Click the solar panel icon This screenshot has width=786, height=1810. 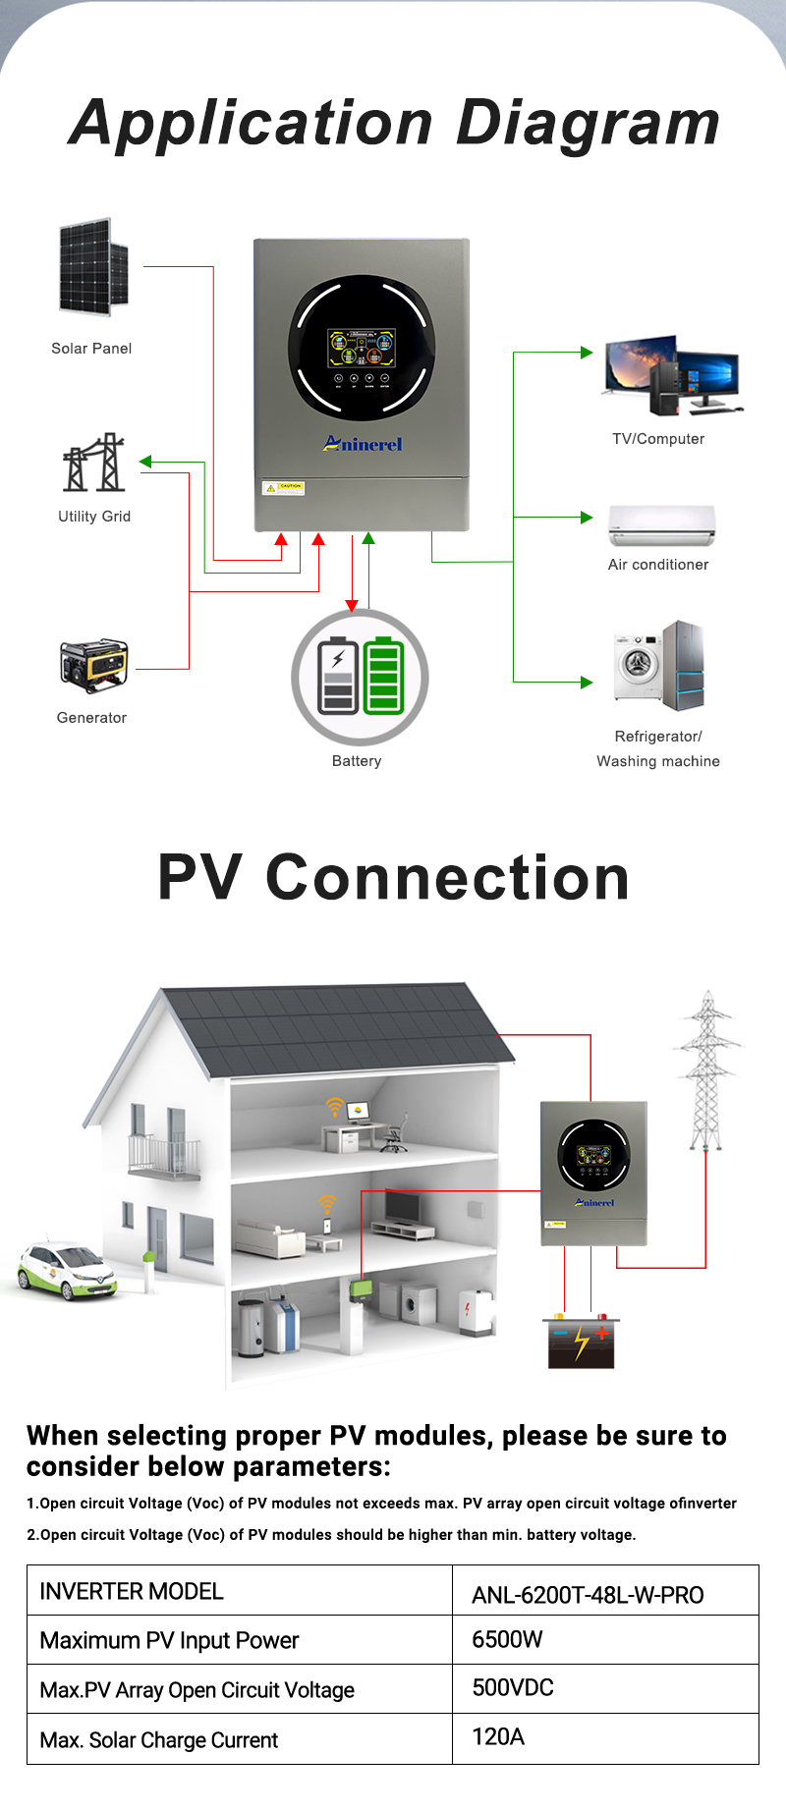click(93, 267)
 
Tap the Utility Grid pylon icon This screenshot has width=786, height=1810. click(94, 463)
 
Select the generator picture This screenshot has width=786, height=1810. click(93, 666)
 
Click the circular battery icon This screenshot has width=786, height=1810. click(360, 677)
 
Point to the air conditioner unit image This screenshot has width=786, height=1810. click(661, 524)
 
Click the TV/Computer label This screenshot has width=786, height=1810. click(658, 439)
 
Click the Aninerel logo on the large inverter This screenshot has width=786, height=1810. click(364, 444)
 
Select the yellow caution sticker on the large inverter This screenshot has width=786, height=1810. click(284, 487)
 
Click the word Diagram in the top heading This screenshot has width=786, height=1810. click(589, 124)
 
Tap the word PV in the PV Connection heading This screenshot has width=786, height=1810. click(199, 877)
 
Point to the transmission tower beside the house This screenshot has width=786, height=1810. click(706, 1070)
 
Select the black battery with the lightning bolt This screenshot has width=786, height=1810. click(580, 1342)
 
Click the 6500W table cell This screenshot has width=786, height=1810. click(507, 1639)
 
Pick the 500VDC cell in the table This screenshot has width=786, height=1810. click(513, 1687)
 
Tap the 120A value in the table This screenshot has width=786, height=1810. click(498, 1736)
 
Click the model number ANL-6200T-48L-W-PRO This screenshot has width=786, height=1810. click(588, 1595)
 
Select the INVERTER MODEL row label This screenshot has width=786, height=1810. click(132, 1591)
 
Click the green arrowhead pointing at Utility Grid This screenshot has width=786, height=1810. click(145, 462)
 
